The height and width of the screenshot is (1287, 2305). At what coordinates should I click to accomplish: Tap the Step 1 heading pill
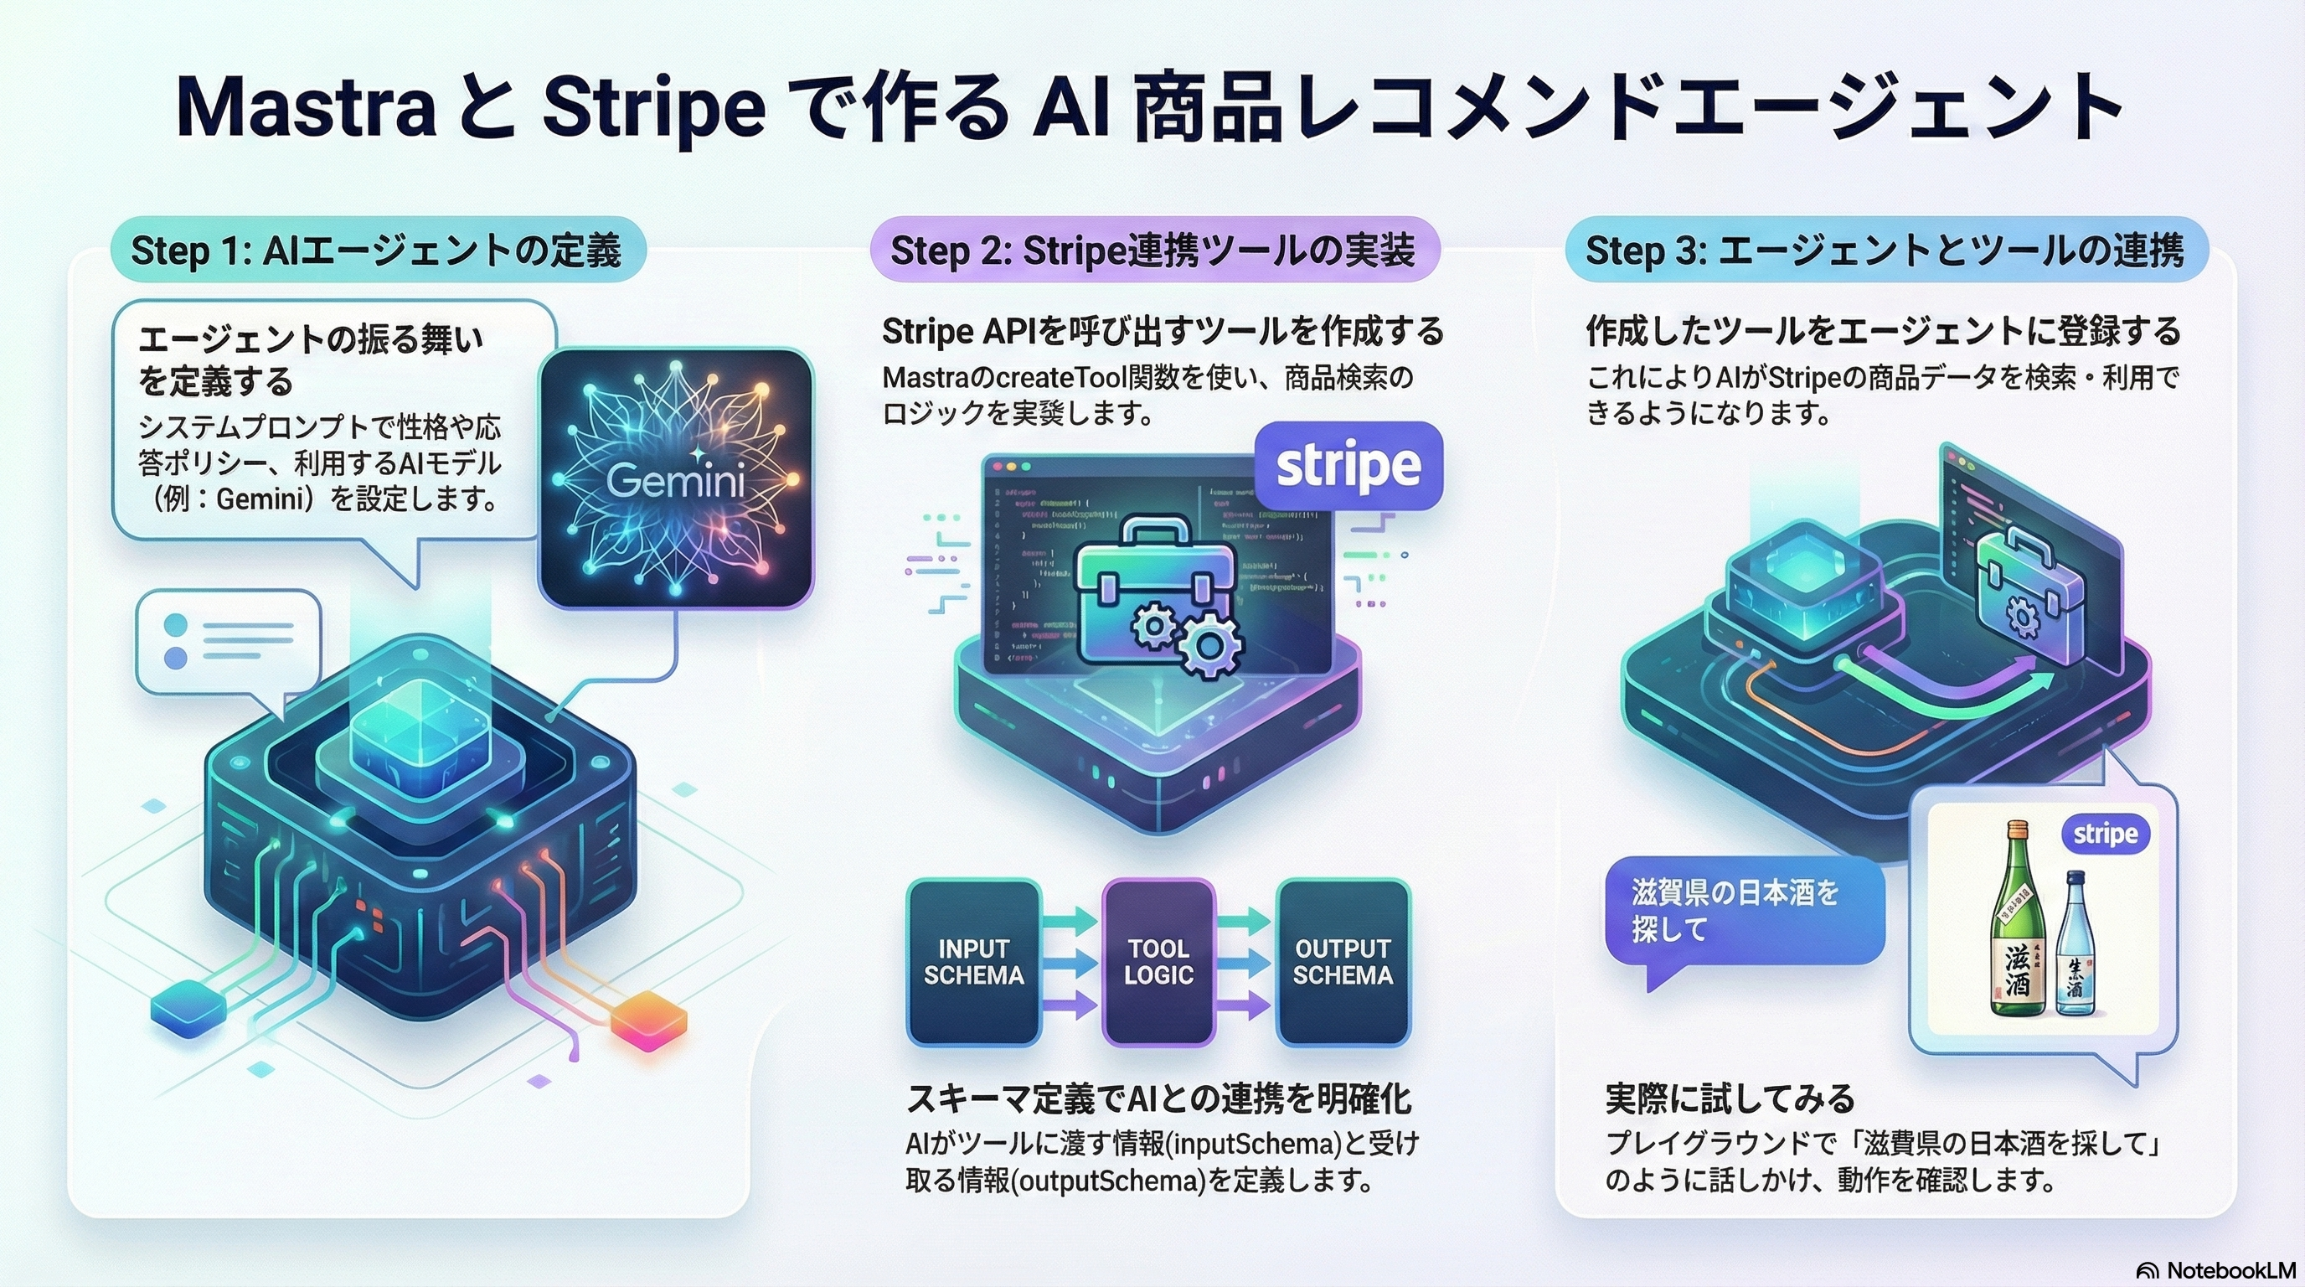pos(377,250)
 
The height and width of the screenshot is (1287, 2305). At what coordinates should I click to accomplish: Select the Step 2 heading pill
pos(1153,250)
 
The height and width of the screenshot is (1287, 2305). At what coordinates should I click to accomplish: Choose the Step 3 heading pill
pos(1885,250)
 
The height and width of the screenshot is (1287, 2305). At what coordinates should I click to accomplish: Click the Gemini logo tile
pos(677,478)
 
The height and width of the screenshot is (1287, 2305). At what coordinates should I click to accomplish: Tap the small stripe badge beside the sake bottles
pos(2106,835)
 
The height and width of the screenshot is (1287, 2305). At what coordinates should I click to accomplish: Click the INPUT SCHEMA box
pos(973,962)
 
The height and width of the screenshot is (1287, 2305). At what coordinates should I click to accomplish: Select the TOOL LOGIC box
pos(1158,962)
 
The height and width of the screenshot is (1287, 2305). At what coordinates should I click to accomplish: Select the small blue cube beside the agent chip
pos(188,1009)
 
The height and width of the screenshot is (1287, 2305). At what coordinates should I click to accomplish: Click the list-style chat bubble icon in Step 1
pos(228,642)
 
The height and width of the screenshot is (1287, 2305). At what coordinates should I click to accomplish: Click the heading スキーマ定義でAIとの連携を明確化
pos(1158,1098)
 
